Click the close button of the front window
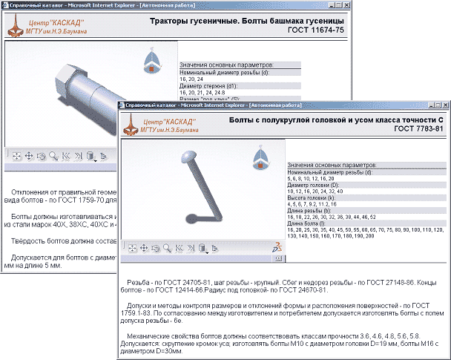pos(444,105)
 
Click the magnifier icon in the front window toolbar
pos(168,249)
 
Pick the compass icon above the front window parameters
pos(261,156)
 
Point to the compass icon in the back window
pos(151,63)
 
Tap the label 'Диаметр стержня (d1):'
pos(211,84)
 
